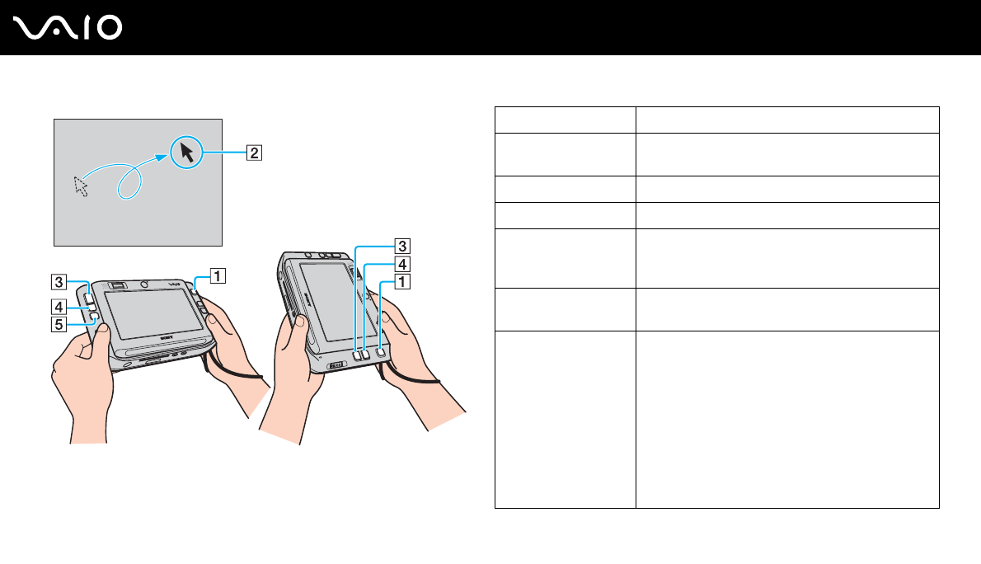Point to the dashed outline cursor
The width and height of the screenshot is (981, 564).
click(81, 186)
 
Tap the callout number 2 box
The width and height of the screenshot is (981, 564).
click(256, 152)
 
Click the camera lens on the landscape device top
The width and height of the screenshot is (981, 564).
click(145, 282)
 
